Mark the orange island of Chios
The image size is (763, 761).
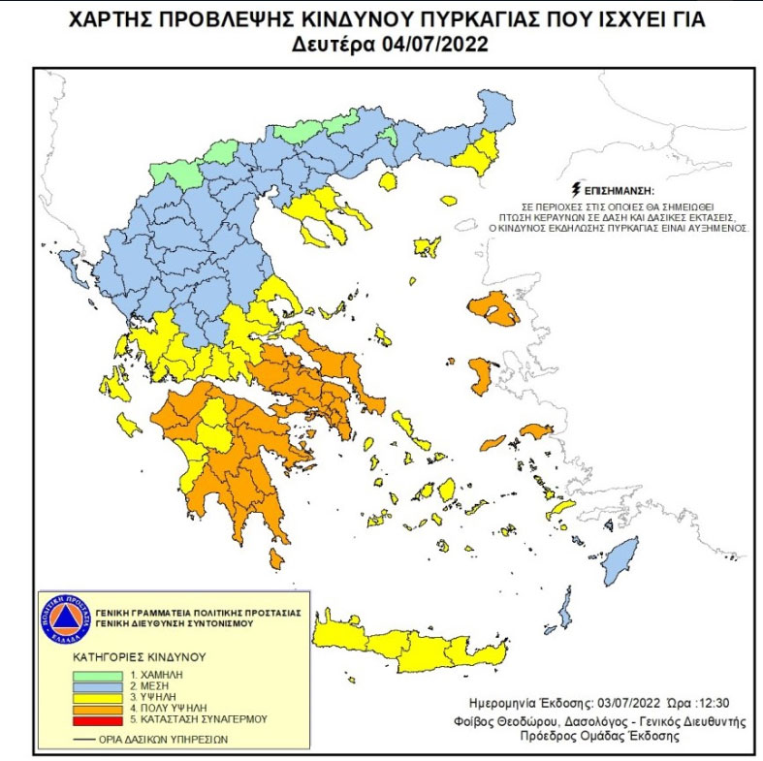[482, 376]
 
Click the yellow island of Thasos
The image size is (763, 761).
[389, 181]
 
